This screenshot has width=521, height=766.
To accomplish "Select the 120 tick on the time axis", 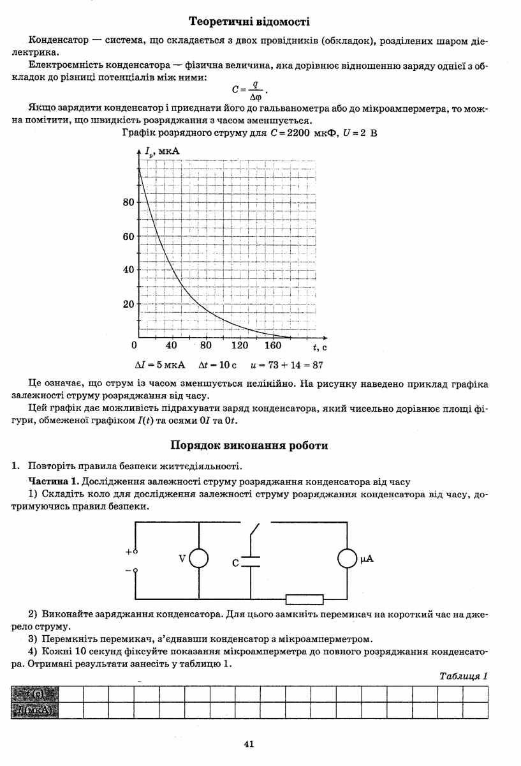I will tap(240, 346).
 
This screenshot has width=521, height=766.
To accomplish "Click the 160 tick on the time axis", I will tap(273, 346).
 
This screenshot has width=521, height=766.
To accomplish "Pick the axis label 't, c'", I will tap(319, 347).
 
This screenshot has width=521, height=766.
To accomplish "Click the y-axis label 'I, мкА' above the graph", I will tap(163, 152).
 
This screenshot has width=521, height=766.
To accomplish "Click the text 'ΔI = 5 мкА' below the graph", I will tap(160, 365).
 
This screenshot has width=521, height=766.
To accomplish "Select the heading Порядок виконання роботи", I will tap(250, 446).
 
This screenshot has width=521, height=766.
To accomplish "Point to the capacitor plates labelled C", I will tap(251, 561).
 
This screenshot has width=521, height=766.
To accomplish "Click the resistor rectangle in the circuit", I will tap(304, 599).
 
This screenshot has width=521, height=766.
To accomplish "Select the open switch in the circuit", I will tap(254, 533).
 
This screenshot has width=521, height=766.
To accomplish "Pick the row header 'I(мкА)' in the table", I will tap(34, 710).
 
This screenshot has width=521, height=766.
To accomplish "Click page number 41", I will tap(249, 743).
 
